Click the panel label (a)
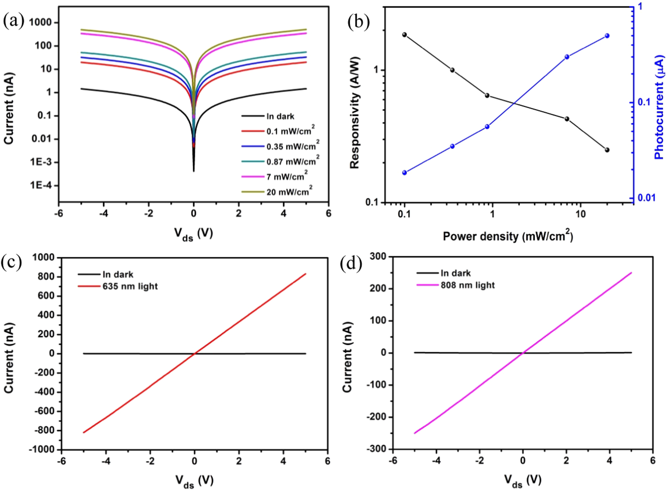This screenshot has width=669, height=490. pos(13,21)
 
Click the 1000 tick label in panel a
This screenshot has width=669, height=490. pos(40,22)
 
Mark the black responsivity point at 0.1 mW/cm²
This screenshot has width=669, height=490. pos(404,35)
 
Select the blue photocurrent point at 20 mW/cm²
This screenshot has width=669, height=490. pos(607,36)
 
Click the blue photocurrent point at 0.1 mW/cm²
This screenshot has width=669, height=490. pos(404,173)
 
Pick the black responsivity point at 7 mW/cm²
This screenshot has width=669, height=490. pos(567,119)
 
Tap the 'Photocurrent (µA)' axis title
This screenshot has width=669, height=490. pos(659,107)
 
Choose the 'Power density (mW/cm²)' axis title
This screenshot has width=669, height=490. pos(507,236)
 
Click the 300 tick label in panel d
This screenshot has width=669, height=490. pos(378,256)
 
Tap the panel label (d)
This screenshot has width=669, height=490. pos(351,263)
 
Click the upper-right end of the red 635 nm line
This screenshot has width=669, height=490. pos(305,274)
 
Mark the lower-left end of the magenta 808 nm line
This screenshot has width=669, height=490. pos(415,433)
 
